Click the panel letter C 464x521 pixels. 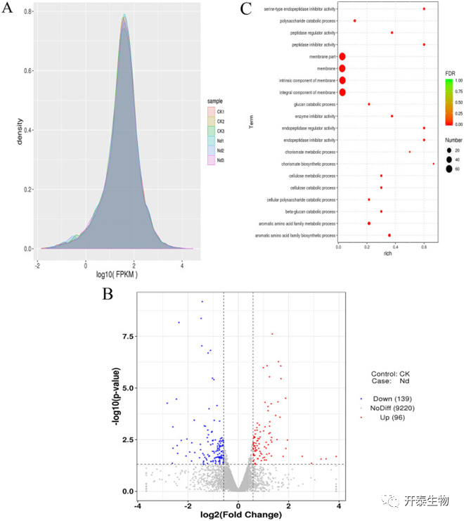coord(246,9)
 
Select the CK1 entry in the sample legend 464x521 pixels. coord(219,112)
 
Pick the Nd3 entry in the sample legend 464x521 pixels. coord(219,161)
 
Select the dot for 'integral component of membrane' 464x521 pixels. coord(342,92)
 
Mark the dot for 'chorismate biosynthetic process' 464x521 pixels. coord(434,164)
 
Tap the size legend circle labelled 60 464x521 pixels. coord(448,169)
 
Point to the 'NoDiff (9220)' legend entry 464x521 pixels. coord(394,409)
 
